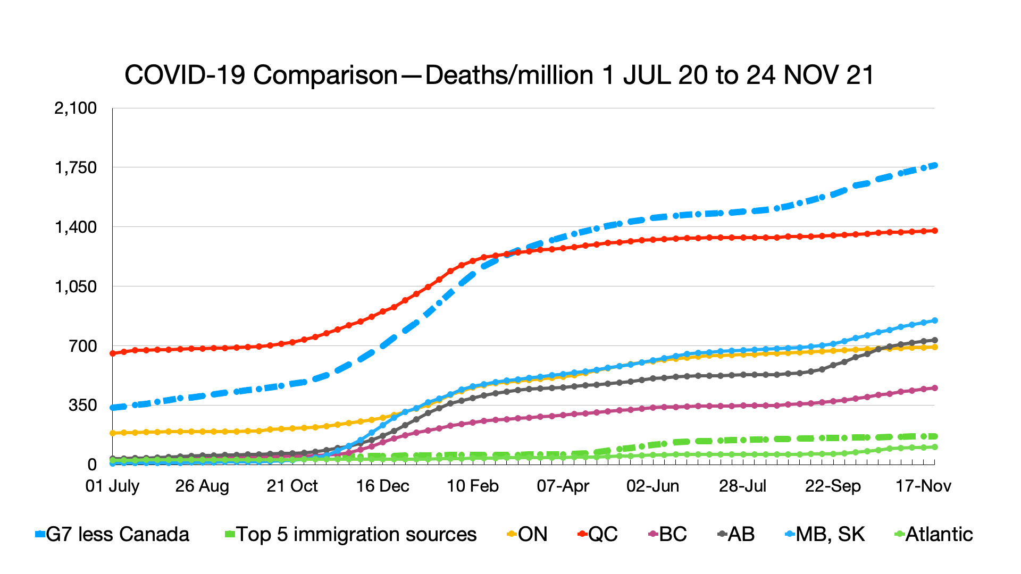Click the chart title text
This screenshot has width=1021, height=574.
(x=499, y=75)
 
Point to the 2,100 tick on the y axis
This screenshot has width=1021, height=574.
(x=76, y=108)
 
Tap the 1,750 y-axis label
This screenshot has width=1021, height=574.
(x=76, y=168)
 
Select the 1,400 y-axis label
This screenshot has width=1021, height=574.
(x=76, y=227)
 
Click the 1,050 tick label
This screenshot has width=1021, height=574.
(x=76, y=287)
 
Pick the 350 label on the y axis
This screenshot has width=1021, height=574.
(x=83, y=406)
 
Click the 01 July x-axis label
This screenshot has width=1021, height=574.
(x=112, y=486)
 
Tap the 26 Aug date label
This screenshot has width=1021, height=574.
(x=202, y=486)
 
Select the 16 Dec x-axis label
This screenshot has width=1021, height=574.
(x=382, y=486)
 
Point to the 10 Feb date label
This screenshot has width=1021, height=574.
(x=473, y=486)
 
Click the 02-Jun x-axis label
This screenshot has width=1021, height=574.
(x=653, y=486)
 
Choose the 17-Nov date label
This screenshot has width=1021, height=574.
(x=924, y=486)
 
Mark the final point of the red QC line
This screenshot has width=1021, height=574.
(x=935, y=231)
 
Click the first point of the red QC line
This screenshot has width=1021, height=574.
(x=113, y=353)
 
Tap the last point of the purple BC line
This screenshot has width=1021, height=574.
(x=935, y=388)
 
